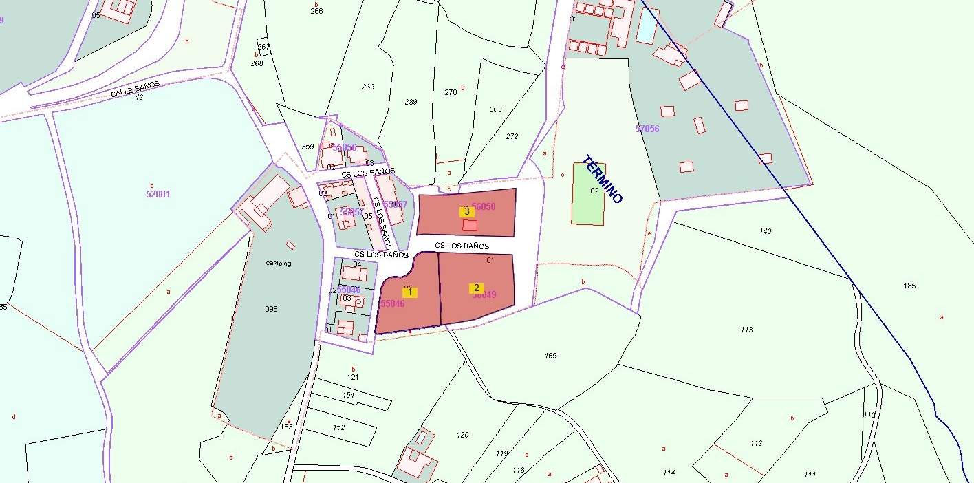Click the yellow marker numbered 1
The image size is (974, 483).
(410, 292)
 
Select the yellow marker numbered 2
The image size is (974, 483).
(475, 288)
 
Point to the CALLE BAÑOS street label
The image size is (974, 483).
(135, 89)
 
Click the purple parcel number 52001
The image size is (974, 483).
(158, 194)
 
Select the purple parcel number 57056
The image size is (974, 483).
(647, 129)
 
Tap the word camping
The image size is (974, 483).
(279, 263)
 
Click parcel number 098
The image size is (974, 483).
(271, 309)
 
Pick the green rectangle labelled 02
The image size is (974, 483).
(588, 194)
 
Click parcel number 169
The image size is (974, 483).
(550, 356)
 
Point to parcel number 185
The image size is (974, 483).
(910, 286)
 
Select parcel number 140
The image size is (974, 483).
(765, 231)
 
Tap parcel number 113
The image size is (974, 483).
(747, 330)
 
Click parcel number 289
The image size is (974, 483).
(411, 103)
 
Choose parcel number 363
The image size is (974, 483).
(495, 109)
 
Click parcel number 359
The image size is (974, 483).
(307, 147)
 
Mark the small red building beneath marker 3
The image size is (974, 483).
(470, 225)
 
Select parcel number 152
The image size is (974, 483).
(338, 427)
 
